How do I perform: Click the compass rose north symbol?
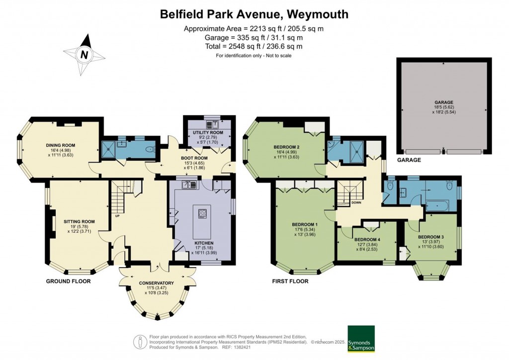click(x=85, y=55)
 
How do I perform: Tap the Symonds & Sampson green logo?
click(x=360, y=339)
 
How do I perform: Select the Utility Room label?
click(x=207, y=133)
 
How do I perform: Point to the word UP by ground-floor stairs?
click(x=117, y=216)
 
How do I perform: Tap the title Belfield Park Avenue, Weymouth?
click(x=254, y=14)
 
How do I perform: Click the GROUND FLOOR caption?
click(x=68, y=281)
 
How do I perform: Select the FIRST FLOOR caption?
click(x=290, y=281)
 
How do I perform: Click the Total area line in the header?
click(x=254, y=46)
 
